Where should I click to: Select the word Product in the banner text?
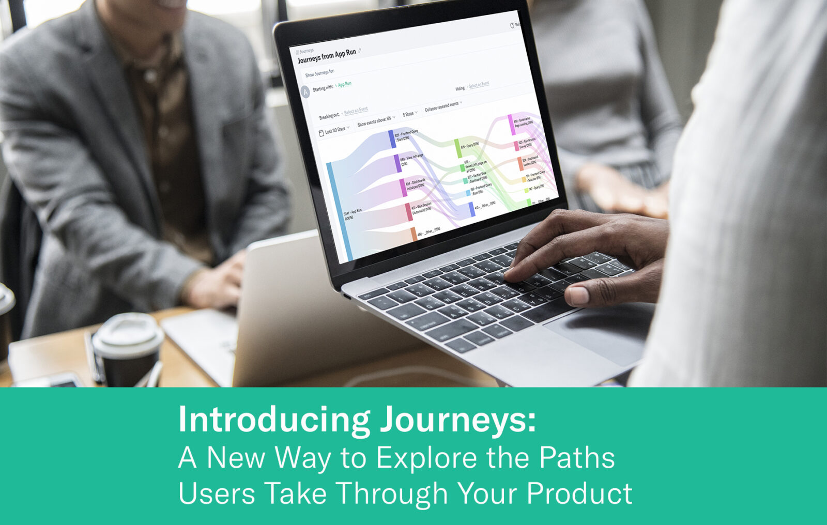[579, 493]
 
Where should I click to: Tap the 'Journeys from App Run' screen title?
[327, 56]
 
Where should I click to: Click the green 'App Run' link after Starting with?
[344, 84]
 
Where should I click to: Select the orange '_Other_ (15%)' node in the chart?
[413, 234]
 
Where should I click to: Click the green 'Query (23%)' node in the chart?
[458, 147]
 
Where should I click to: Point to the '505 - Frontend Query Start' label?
[406, 135]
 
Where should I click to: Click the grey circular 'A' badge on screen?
[305, 92]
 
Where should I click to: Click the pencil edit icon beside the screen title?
[360, 51]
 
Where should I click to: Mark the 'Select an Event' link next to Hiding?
[479, 85]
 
